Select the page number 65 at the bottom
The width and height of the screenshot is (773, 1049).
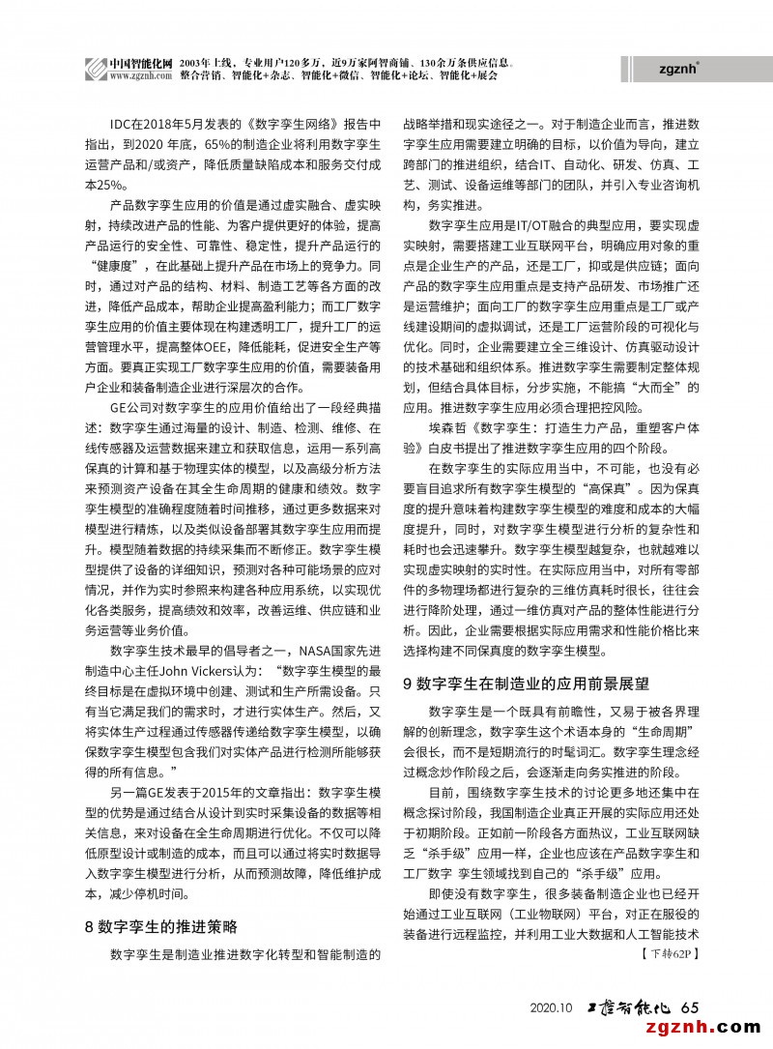pyautogui.click(x=690, y=1006)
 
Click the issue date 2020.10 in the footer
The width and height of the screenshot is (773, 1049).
pyautogui.click(x=553, y=1007)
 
